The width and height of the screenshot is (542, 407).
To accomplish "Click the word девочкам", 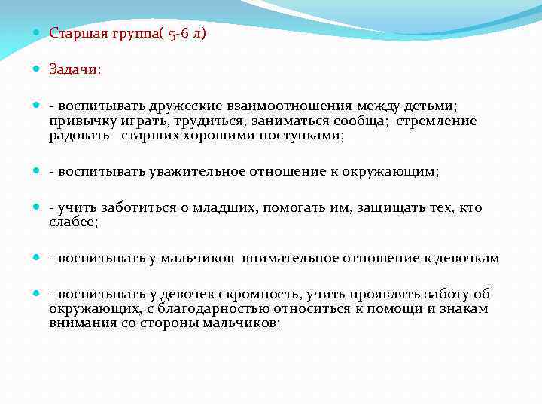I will coord(464,258).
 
